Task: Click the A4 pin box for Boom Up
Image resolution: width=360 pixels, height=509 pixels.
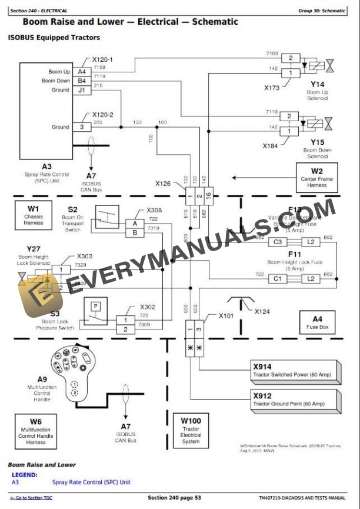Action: coord(82,72)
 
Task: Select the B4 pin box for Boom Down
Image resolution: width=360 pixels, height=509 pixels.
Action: coord(82,81)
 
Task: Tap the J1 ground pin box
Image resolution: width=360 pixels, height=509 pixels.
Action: coord(82,90)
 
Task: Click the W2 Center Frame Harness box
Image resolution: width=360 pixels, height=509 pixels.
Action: coord(317,178)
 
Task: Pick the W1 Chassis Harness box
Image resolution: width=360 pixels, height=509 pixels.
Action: coord(34,215)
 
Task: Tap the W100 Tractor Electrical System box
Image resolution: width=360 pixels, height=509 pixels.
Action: coord(191,430)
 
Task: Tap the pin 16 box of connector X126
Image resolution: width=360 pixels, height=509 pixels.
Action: coord(208,195)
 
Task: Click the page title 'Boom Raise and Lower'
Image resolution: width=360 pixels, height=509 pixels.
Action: coord(130,22)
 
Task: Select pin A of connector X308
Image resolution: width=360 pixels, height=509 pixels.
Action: coord(135,224)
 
